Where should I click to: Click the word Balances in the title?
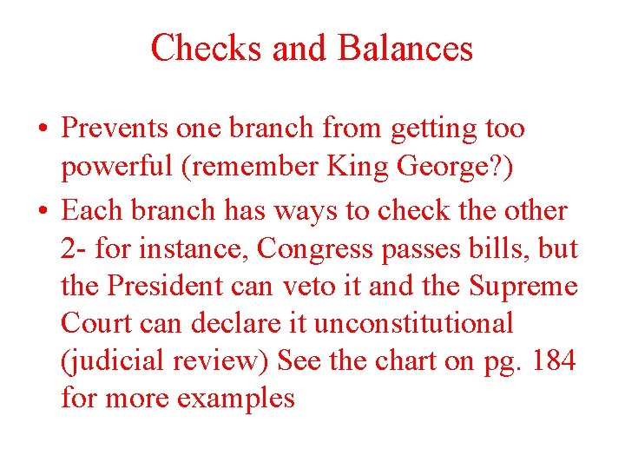(x=405, y=48)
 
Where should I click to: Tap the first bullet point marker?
(x=43, y=129)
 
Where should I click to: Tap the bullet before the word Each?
(x=43, y=211)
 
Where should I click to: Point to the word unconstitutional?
(x=413, y=323)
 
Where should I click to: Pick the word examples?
(x=235, y=400)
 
